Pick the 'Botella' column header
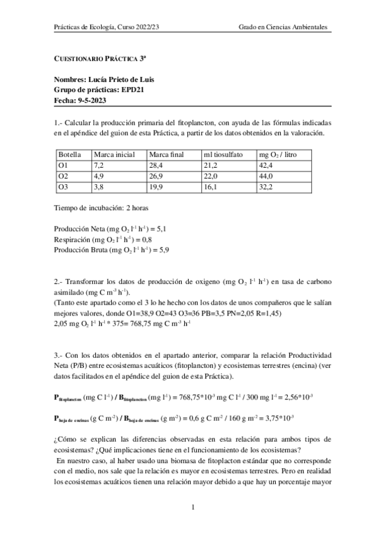coord(69,155)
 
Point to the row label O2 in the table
coord(63,176)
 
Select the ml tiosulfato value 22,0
coord(211,176)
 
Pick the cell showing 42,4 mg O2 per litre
coord(267,165)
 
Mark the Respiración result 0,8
coord(146,239)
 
